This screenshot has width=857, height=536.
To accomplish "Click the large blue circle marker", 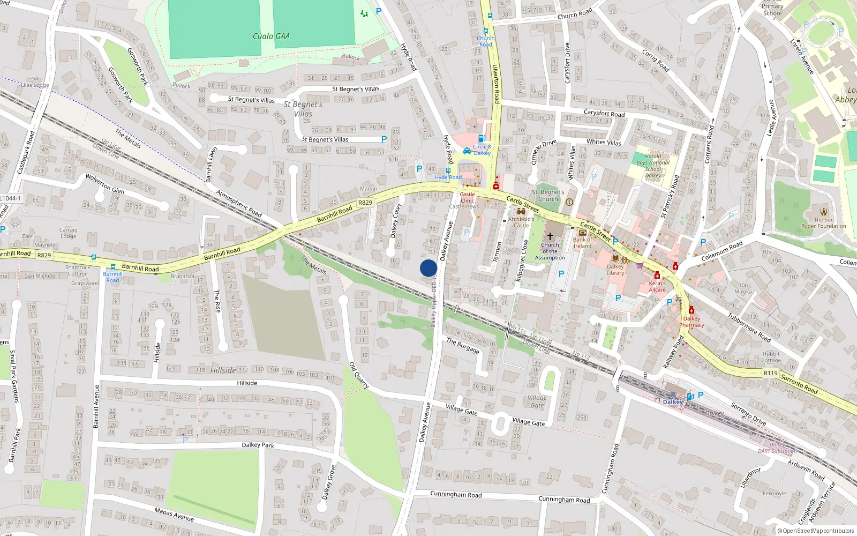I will pos(428,268).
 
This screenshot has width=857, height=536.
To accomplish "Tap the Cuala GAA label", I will pos(271,36).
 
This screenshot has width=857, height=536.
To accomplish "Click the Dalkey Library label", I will pos(615,270).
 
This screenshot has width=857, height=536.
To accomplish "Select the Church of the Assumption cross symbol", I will pos(550,236).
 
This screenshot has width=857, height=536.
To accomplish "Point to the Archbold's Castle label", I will pos(521,222).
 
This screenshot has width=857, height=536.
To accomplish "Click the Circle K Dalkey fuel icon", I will pos(481,138).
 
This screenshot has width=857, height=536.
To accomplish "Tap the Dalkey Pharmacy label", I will pos(691,322).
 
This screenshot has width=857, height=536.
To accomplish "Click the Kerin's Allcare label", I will pos(657,286).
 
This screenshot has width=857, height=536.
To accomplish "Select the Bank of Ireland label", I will pos(582,243).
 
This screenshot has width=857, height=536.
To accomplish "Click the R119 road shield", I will pos(770,373).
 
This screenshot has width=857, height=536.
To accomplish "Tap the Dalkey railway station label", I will pos(672,401).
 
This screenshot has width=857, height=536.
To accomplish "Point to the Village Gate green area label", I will pos(537,401).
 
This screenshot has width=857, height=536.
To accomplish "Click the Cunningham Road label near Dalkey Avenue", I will pos(456,494).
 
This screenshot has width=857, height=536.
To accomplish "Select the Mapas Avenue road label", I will pos(174,515).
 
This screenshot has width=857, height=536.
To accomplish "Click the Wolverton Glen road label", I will pos(105,183).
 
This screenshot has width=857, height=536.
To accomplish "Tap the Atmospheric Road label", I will pos(239,203).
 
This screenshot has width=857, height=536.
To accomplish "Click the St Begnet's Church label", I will pos(548,195).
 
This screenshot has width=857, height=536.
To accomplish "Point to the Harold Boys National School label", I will pos(652,166).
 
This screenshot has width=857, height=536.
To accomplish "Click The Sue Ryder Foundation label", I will pos(823,222).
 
